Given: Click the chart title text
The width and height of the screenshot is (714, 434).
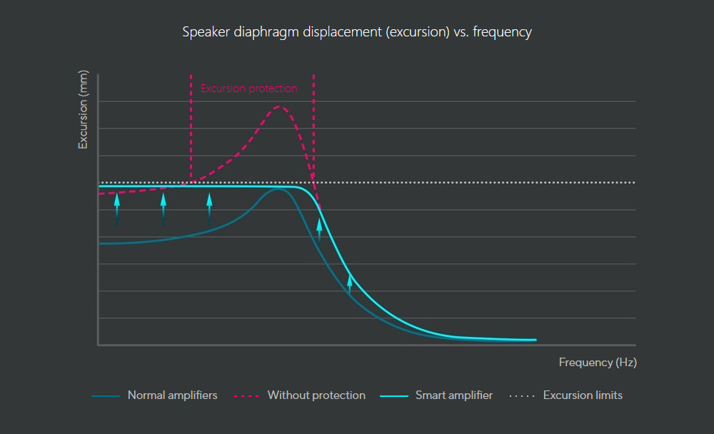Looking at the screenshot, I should coord(357,32).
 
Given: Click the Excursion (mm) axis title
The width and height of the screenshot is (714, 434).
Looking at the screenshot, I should coord(84,111).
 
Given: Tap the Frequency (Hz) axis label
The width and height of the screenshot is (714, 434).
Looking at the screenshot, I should coord(598,363).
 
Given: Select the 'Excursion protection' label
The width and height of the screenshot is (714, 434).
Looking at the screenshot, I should coord(248,89).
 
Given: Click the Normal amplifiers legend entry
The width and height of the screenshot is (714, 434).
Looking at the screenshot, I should coord(172,395).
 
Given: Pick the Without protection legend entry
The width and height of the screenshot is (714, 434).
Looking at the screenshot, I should coord(316,395).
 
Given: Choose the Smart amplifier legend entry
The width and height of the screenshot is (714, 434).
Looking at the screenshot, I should coord(454,395).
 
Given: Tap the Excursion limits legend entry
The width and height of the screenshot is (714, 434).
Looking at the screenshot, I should coord(583,395).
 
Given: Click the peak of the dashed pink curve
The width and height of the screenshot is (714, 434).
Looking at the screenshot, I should coord(279,107).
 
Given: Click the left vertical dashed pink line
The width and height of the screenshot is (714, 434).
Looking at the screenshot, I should coord(191,128).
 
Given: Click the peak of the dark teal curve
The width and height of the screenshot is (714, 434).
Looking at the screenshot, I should coord(278,190).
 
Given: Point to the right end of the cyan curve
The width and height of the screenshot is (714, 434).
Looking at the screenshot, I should coord(534,340).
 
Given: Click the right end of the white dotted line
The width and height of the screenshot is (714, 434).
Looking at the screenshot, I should coord(634,183).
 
